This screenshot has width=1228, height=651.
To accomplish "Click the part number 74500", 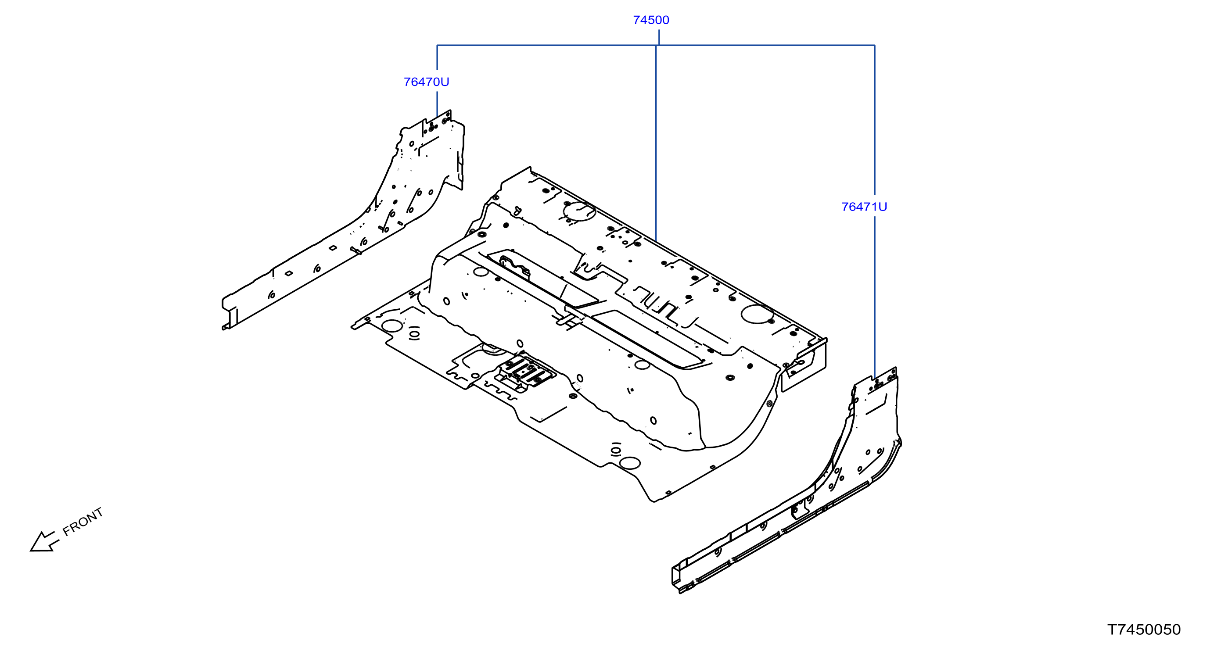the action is click(651, 20).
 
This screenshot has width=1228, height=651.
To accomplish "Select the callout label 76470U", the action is click(426, 82).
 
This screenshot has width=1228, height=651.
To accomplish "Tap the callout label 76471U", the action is click(864, 207).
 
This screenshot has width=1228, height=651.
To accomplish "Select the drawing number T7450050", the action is click(1144, 630).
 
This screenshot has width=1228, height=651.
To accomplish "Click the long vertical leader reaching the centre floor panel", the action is click(656, 143).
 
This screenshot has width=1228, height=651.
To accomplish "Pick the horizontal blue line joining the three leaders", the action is click(656, 45).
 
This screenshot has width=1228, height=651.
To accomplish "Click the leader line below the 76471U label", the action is click(874, 298).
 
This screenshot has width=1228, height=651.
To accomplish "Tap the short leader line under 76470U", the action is click(437, 104).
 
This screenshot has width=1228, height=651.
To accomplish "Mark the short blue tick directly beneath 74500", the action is click(659, 37).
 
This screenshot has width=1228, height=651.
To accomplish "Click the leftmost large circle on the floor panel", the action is click(392, 326).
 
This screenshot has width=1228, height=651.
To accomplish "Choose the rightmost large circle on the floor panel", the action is click(758, 314).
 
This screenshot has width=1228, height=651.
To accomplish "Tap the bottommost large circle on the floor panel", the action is click(630, 463).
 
